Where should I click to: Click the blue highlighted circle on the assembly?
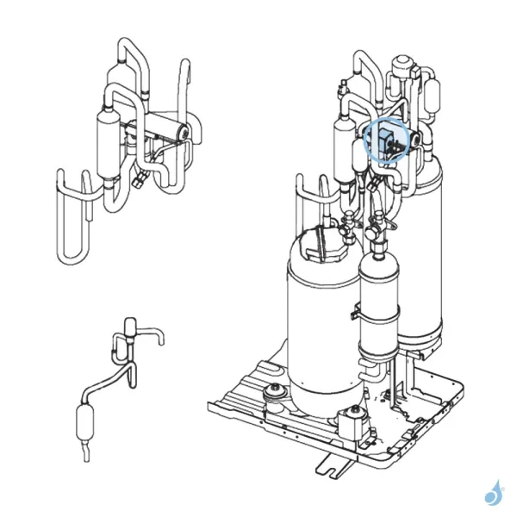[x=385, y=140]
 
